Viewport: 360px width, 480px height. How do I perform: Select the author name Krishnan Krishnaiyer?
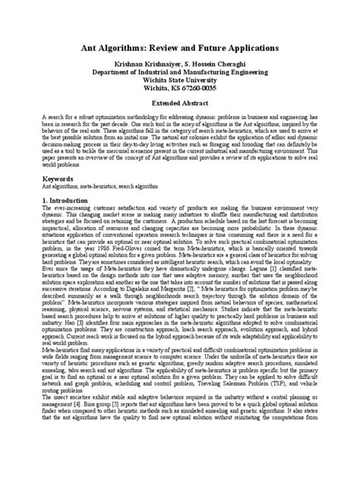pyautogui.click(x=150, y=66)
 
